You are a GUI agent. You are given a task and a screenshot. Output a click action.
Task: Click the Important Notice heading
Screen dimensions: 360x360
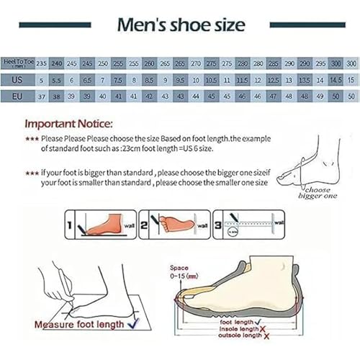[x=68, y=122]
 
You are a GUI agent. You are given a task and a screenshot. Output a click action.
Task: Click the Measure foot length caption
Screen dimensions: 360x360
[x=79, y=326]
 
